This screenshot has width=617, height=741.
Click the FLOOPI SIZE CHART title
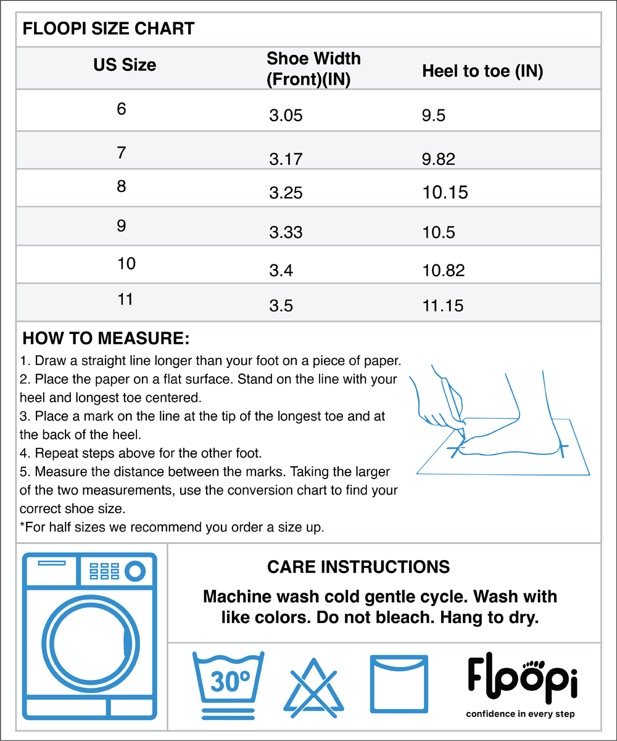pyautogui.click(x=108, y=28)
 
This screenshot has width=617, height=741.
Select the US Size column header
pyautogui.click(x=125, y=65)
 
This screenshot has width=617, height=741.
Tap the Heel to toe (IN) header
pyautogui.click(x=482, y=71)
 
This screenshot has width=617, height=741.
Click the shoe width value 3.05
pyautogui.click(x=286, y=115)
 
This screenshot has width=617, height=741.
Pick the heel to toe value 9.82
pyautogui.click(x=439, y=159)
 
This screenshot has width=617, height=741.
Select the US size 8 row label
pyautogui.click(x=122, y=186)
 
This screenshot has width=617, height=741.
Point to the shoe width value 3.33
pyautogui.click(x=286, y=232)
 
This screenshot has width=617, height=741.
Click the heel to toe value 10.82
pyautogui.click(x=444, y=270)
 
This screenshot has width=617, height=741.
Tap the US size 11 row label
pyautogui.click(x=125, y=300)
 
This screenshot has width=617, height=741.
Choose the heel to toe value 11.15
pyautogui.click(x=443, y=306)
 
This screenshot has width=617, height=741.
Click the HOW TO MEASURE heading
pyautogui.click(x=106, y=339)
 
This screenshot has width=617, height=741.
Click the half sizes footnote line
pyautogui.click(x=172, y=528)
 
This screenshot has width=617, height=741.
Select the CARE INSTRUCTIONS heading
pyautogui.click(x=358, y=567)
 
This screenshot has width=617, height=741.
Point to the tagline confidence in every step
pyautogui.click(x=520, y=714)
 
